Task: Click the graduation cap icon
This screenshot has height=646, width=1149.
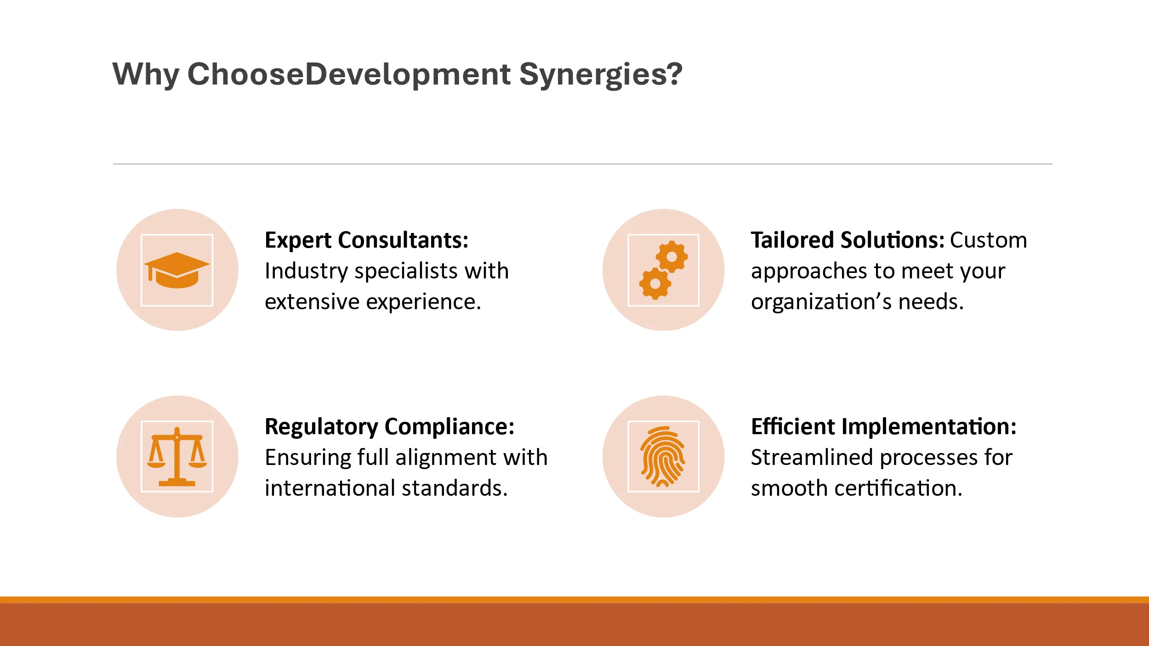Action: [x=177, y=270]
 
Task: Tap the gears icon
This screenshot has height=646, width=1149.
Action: [x=664, y=270]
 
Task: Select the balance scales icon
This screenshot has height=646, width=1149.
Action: [x=177, y=457]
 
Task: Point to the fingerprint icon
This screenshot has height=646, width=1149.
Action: [x=663, y=457]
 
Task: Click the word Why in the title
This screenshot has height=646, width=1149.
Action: [x=146, y=74]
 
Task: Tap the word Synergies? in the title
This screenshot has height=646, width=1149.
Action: [x=601, y=74]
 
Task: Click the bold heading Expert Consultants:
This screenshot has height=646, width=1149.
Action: [x=366, y=240]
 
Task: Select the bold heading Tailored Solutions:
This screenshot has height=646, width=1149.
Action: [x=848, y=240]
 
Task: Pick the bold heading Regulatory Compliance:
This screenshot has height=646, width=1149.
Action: [x=390, y=427]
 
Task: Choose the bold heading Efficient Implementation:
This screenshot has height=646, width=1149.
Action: [x=883, y=427]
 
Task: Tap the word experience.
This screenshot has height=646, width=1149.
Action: [x=424, y=302]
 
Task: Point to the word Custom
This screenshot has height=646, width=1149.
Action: [x=988, y=240]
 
